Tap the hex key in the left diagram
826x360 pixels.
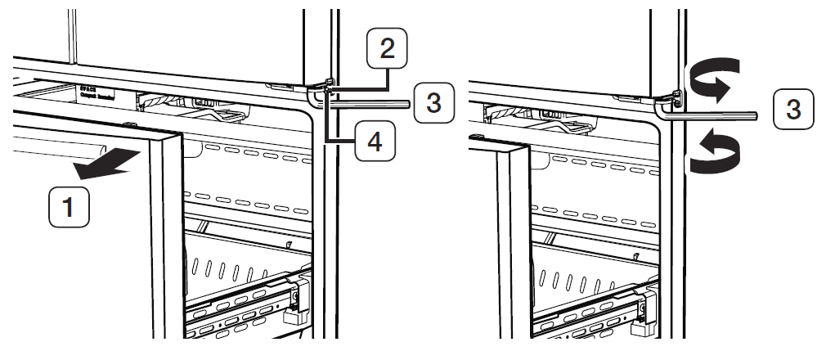pos(368,103)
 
